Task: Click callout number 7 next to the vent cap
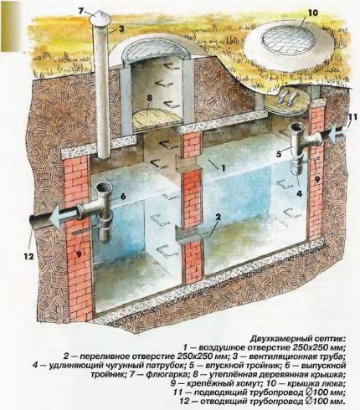click(82, 10)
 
